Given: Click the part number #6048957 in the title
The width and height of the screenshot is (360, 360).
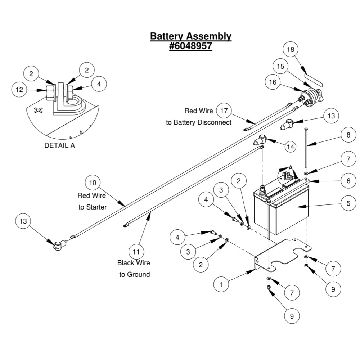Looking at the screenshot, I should [190, 46].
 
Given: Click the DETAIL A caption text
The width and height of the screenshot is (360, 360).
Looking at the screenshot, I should [59, 146].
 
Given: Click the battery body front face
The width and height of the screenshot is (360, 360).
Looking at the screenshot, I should [288, 216].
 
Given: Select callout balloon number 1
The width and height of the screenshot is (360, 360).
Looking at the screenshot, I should [221, 284].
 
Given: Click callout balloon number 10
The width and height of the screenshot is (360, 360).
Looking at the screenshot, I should [93, 183].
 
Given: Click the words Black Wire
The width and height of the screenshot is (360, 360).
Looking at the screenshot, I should [134, 263].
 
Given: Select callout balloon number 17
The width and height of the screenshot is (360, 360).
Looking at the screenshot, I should [224, 111].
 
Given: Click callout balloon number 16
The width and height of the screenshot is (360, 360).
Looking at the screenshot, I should [273, 82].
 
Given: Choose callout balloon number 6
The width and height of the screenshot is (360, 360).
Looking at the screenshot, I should [348, 181].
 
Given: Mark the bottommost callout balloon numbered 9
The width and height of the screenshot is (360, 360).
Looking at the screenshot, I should [292, 316].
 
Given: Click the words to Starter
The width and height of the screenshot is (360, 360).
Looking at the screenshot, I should [93, 207].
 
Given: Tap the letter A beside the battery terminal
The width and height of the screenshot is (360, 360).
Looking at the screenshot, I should [291, 168].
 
